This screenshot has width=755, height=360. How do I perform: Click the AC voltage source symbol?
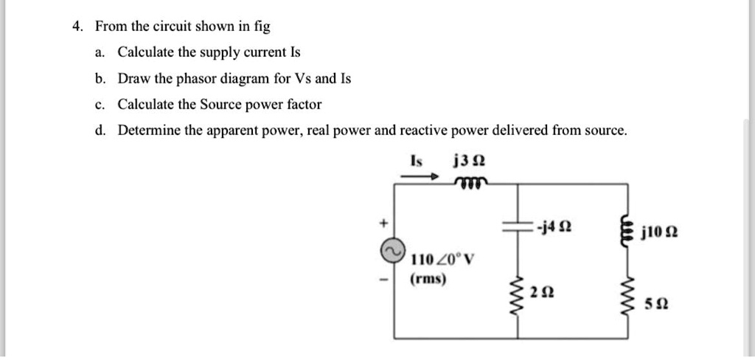click(390, 252)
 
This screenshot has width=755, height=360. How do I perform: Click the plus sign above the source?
click(383, 221)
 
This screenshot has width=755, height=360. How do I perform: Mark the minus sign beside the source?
click(383, 280)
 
